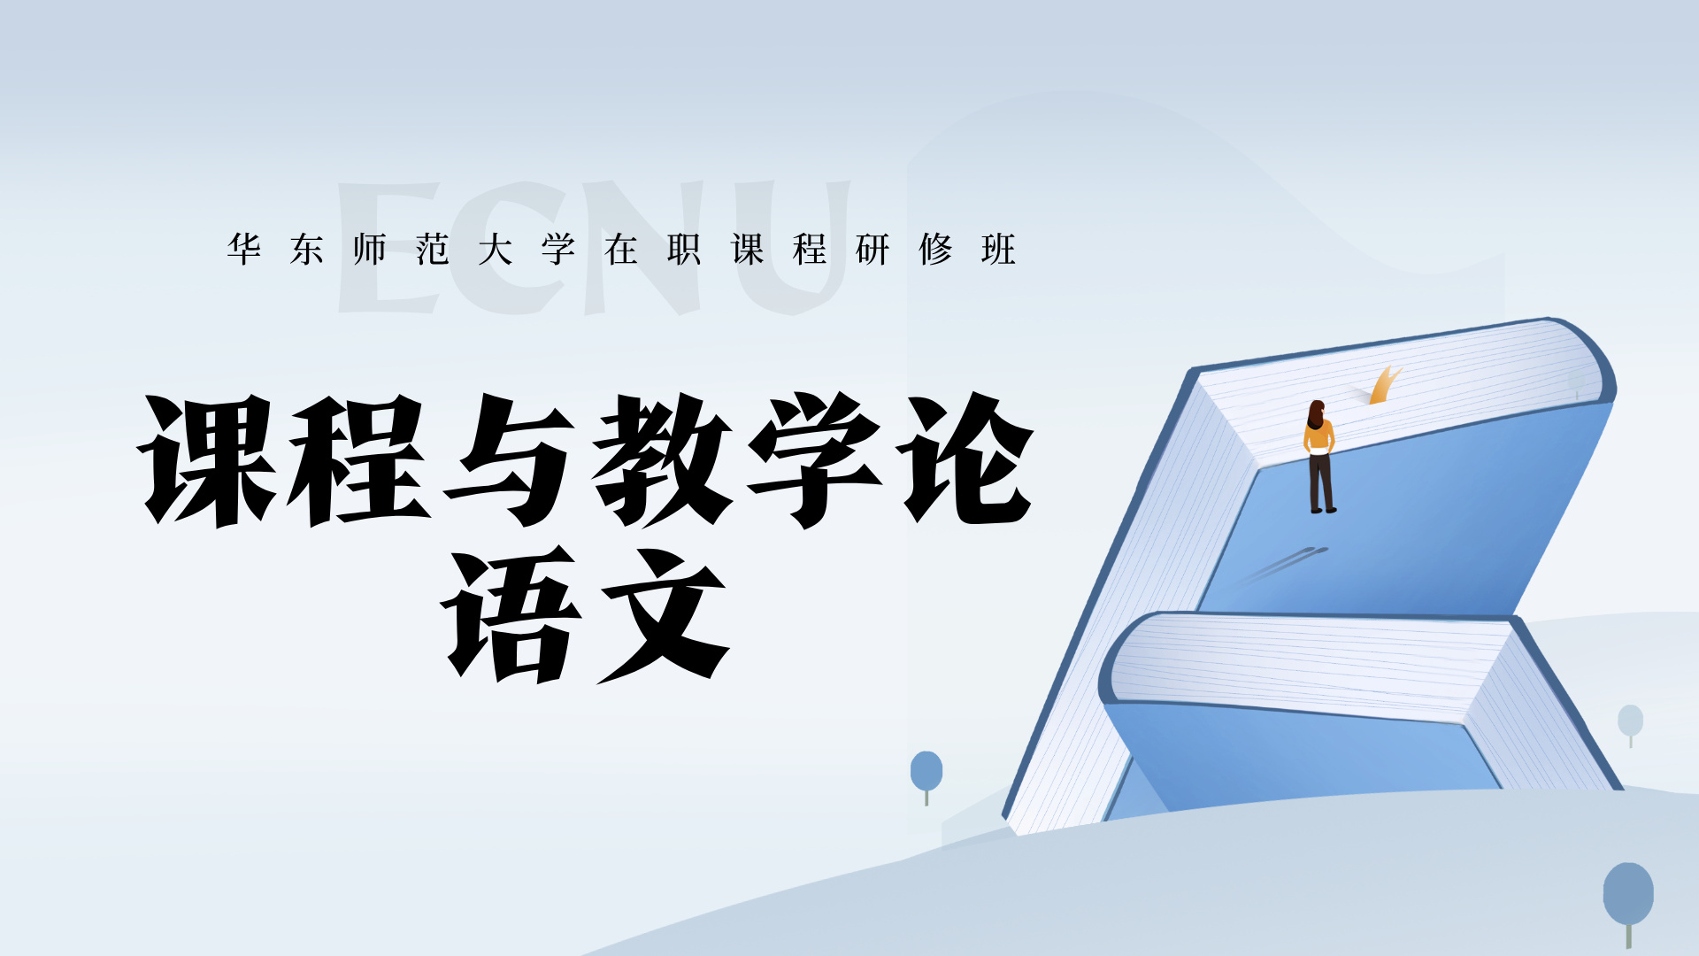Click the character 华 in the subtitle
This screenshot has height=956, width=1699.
pos(244,250)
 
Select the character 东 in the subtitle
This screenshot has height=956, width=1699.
pos(307,250)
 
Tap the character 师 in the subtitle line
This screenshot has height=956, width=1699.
pos(370,250)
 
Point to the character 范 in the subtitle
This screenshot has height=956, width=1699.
pos(433,250)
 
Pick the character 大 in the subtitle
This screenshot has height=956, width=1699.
pos(496,250)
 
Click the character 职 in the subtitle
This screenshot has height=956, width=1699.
pos(684,250)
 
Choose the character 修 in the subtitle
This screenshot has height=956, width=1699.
pos(935,250)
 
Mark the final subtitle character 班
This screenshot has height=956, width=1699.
pos(998,250)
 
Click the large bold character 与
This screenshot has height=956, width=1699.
pos(513,460)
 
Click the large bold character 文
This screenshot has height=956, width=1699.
pos(664,615)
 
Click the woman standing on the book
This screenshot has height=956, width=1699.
pos(1319,457)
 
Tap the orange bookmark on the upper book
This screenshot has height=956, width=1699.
pos(1383,386)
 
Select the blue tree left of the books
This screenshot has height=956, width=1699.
pos(926,772)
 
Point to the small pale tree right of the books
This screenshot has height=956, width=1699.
pos(1630,721)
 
